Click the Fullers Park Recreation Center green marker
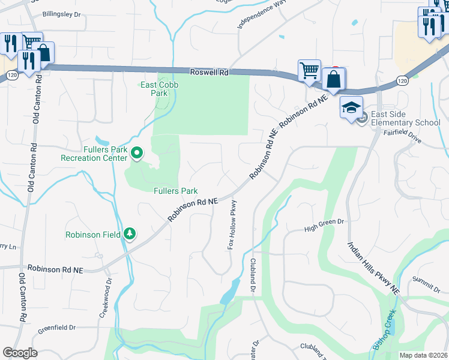[x=137, y=154]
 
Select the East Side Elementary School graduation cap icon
[x=351, y=107]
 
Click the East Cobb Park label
[x=160, y=89]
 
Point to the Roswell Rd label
[x=209, y=72]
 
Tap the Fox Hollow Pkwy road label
[x=232, y=225]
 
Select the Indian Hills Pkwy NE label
[x=373, y=268]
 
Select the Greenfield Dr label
[x=56, y=328]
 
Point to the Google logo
[x=20, y=353]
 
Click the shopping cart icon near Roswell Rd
[x=309, y=70]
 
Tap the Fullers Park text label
[x=175, y=191]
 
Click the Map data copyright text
[x=423, y=355]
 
